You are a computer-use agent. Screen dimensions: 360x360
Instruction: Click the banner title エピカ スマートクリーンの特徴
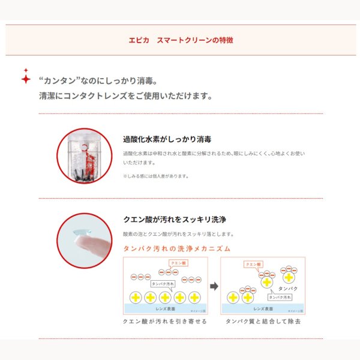point(181,40)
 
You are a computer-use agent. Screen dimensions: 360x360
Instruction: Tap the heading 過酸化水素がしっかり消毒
point(167,139)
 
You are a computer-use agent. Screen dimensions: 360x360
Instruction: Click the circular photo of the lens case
point(84,155)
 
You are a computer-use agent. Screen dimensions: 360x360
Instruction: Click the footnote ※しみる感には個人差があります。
point(156,176)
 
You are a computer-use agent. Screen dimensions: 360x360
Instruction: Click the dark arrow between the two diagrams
point(214,286)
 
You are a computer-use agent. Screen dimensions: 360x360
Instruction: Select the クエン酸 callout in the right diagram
point(253,264)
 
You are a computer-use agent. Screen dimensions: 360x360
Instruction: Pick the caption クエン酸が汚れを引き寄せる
point(164,322)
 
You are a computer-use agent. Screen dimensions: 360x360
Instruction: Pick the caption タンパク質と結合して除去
point(263,322)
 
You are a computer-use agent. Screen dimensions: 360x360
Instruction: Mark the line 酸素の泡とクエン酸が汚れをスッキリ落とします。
point(178,234)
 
